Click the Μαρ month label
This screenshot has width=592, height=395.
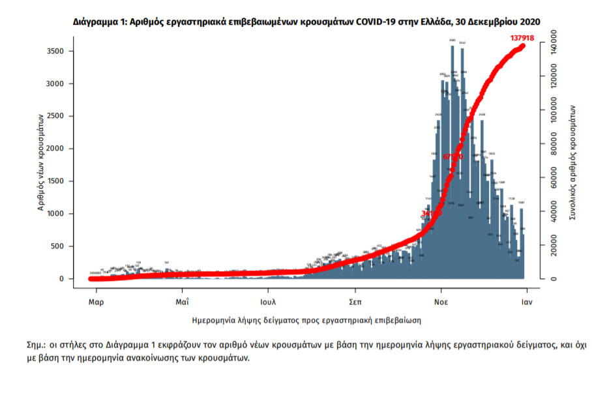click(x=96, y=302)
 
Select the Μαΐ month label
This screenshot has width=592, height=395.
click(x=182, y=302)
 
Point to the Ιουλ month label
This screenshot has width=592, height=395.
click(x=268, y=302)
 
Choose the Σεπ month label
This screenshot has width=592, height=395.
click(x=355, y=302)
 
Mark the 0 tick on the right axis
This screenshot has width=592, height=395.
click(x=553, y=279)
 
